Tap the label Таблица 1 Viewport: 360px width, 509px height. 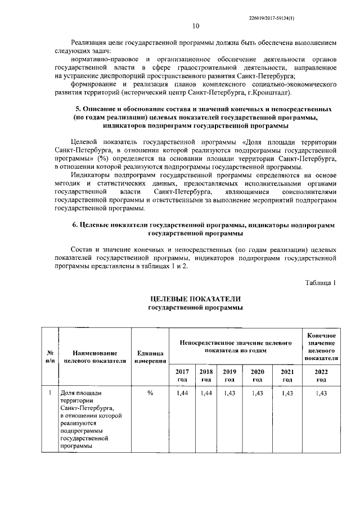click(321, 282)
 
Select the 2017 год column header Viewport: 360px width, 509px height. click(182, 376)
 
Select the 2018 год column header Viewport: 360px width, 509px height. click(205, 376)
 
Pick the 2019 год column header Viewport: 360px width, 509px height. click(229, 376)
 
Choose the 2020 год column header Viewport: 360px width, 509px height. click(257, 376)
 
